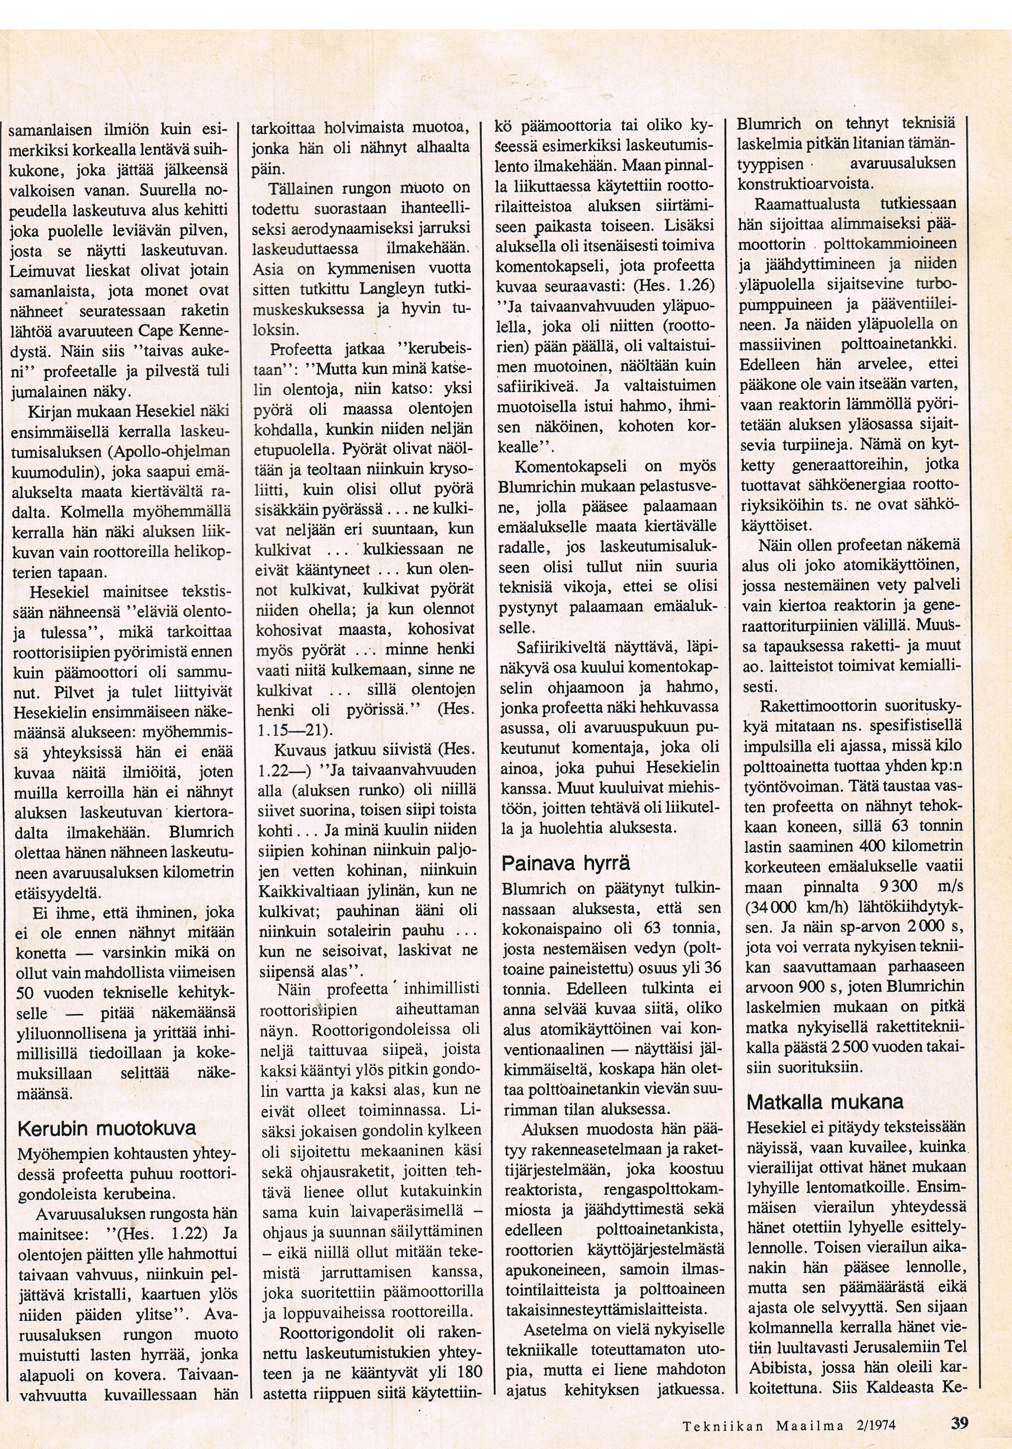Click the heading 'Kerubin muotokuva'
pos(107,1128)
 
